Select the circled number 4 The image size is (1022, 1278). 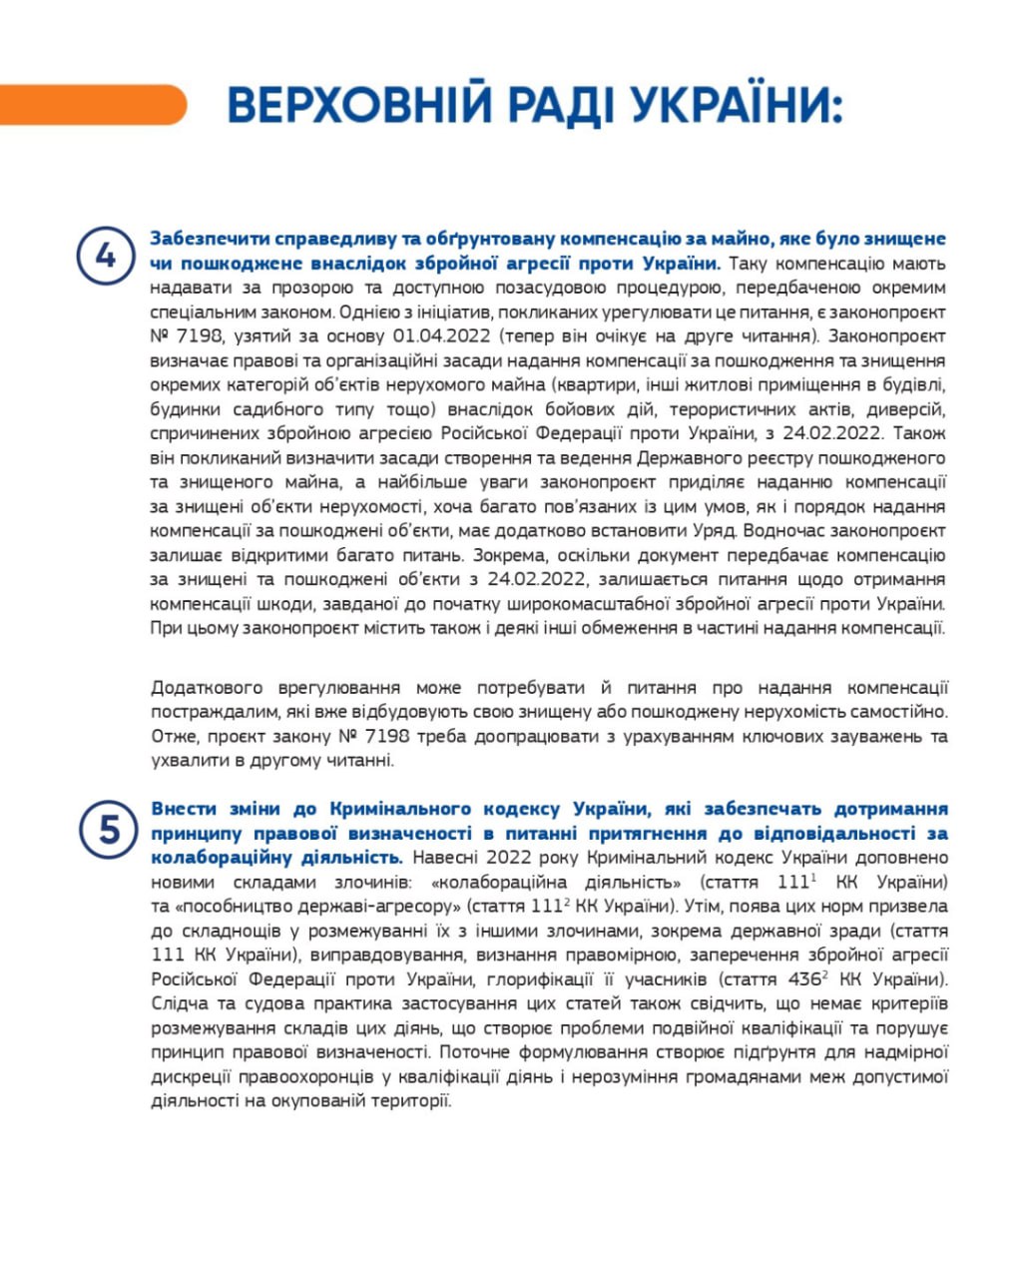[x=105, y=256]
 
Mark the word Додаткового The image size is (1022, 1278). [x=207, y=688]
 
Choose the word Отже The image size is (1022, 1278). [x=174, y=737]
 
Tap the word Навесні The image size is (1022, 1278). [x=444, y=858]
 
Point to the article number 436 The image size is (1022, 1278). [x=802, y=979]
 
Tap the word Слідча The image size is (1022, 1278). [x=178, y=1003]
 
